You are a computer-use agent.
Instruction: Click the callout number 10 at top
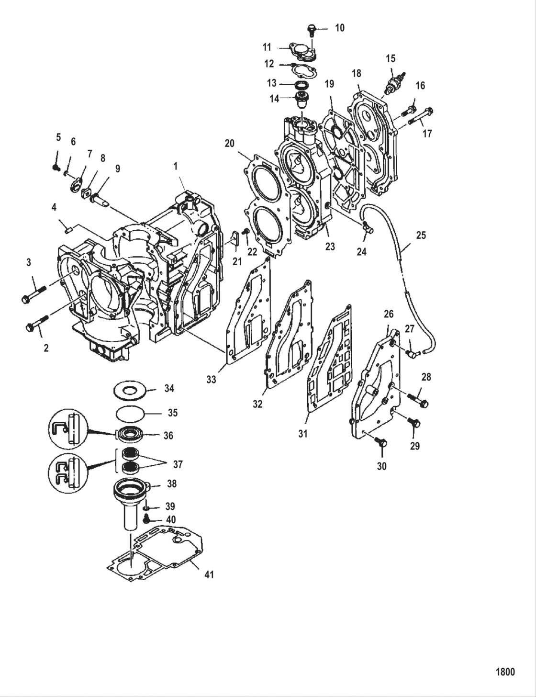pyautogui.click(x=339, y=28)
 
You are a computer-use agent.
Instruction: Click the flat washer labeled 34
pyautogui.click(x=130, y=390)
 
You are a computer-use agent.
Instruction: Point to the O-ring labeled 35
pyautogui.click(x=130, y=412)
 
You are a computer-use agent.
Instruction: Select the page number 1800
pyautogui.click(x=504, y=672)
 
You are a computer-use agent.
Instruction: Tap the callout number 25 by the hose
pyautogui.click(x=421, y=236)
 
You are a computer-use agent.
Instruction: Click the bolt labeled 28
pyautogui.click(x=418, y=399)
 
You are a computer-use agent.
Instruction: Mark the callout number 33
pyautogui.click(x=211, y=380)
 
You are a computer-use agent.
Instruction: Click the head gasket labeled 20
pyautogui.click(x=266, y=201)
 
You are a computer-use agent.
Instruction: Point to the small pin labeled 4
pyautogui.click(x=67, y=229)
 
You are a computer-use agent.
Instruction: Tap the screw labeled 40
pyautogui.click(x=147, y=518)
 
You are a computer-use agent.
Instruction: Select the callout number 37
pyautogui.click(x=178, y=464)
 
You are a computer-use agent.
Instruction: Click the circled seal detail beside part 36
pyautogui.click(x=67, y=428)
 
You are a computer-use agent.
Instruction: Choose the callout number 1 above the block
pyautogui.click(x=176, y=166)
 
